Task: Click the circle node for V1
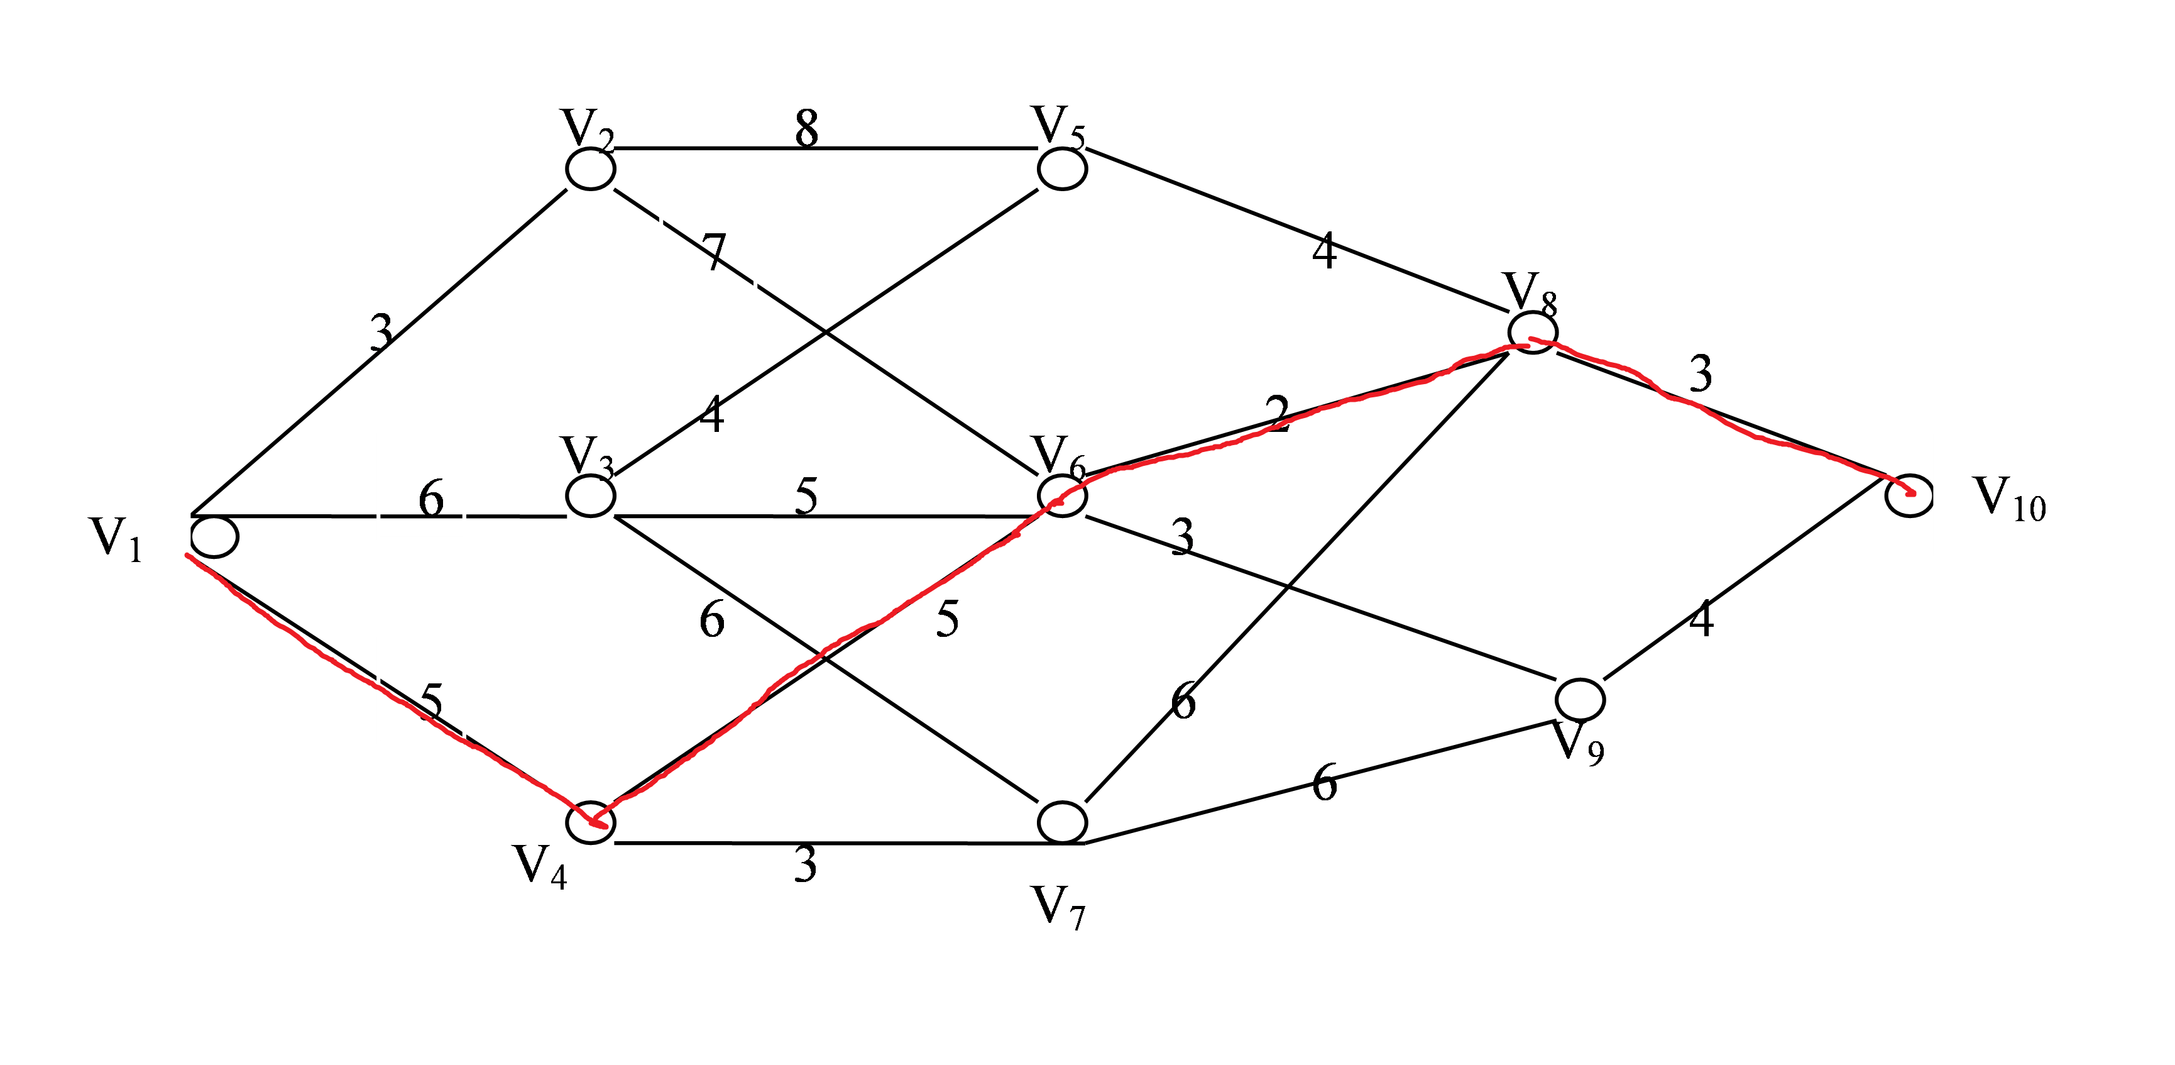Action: pos(214,537)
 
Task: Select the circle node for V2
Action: pos(590,169)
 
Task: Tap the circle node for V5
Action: pos(1061,169)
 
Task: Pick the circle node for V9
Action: pos(1580,699)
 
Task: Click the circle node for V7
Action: pos(1061,822)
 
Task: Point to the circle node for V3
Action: pos(590,496)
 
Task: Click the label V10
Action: pos(2008,499)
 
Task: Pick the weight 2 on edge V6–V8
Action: pos(1278,414)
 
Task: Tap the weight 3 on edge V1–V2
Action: pos(381,332)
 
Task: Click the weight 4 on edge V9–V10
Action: pos(1701,619)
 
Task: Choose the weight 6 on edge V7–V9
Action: pos(1324,782)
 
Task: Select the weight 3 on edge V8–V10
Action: pos(1701,373)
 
